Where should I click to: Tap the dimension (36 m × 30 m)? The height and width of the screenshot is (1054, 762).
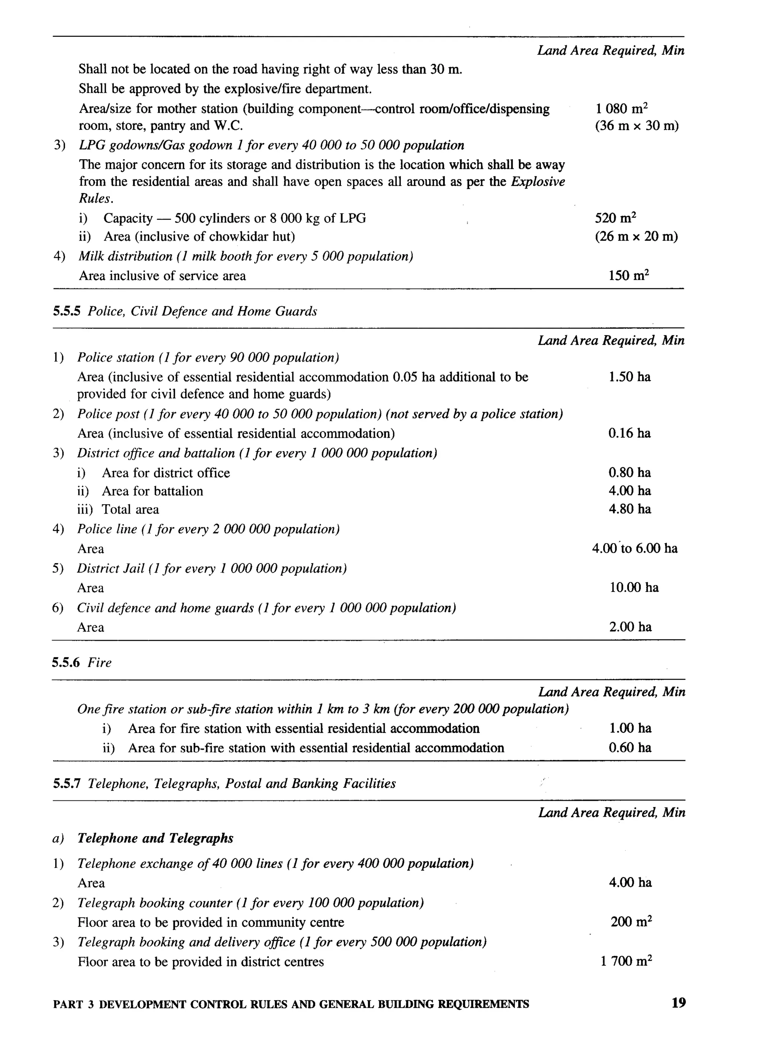click(637, 126)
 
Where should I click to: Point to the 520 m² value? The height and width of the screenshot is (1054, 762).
click(615, 218)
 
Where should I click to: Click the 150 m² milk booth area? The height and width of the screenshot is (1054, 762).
click(628, 276)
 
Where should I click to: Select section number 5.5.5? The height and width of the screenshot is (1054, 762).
click(67, 311)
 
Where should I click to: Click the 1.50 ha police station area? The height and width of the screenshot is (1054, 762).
click(630, 377)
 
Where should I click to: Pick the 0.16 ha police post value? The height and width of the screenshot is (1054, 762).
click(630, 433)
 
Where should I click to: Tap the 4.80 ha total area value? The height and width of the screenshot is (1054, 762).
click(630, 509)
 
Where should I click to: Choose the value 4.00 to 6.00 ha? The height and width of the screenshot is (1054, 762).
click(635, 548)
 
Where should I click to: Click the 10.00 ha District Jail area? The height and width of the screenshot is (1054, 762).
click(634, 587)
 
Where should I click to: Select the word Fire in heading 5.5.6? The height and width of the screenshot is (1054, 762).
click(99, 662)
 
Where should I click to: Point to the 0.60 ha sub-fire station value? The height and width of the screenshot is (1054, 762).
click(630, 748)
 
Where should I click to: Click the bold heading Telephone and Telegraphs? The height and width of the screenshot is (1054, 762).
click(155, 838)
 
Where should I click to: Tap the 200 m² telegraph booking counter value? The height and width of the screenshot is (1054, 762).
click(631, 922)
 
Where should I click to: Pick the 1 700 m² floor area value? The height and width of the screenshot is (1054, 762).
click(626, 961)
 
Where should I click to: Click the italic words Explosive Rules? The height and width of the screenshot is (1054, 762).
click(538, 182)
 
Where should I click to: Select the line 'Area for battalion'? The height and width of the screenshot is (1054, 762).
click(152, 491)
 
